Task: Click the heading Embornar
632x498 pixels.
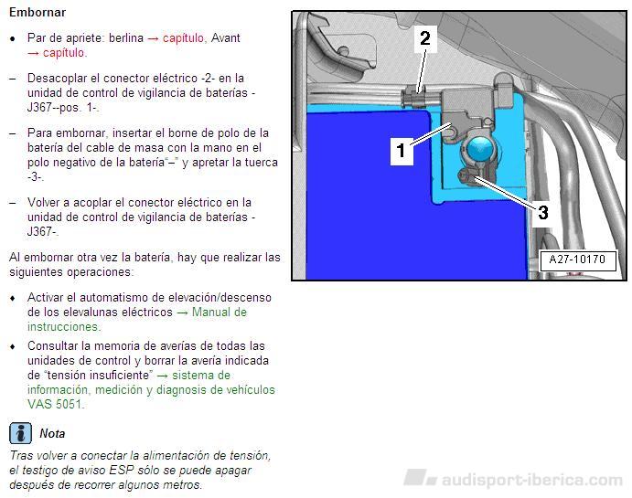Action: [x=37, y=13]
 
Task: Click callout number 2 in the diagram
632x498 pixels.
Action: [x=425, y=38]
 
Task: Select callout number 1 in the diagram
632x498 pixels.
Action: [x=401, y=150]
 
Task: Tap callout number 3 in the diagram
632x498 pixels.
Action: [x=543, y=212]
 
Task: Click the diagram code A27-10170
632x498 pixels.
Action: [x=577, y=259]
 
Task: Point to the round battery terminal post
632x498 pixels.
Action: [x=480, y=149]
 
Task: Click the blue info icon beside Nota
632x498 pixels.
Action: [x=20, y=433]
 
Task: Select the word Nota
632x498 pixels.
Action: [x=52, y=434]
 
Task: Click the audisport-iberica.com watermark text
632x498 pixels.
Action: [x=532, y=480]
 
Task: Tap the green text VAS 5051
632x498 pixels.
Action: [x=55, y=404]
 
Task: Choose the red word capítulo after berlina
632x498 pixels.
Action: [x=184, y=38]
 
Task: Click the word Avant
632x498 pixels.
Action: [x=226, y=37]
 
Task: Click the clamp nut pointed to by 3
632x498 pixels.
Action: [x=467, y=176]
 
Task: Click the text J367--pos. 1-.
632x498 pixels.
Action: [x=63, y=108]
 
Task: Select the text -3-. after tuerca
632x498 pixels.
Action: [x=36, y=177]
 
